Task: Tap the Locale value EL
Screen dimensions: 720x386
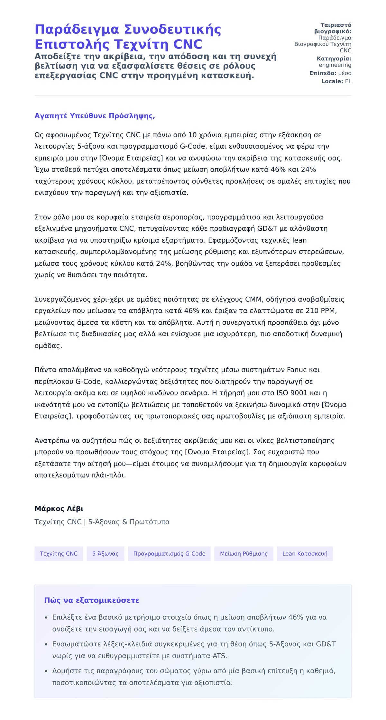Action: click(348, 81)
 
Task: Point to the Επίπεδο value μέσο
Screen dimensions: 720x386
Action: click(345, 73)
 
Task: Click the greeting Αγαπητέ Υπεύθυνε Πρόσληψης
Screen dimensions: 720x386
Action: click(95, 116)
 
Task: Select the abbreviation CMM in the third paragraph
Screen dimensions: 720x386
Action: click(254, 299)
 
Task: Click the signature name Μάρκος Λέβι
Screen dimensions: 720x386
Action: click(59, 509)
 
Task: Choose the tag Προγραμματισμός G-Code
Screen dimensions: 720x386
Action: click(169, 554)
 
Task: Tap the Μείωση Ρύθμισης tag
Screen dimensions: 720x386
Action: click(244, 554)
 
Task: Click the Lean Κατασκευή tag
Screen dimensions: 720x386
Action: click(305, 554)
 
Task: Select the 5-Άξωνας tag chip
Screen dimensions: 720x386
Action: click(105, 554)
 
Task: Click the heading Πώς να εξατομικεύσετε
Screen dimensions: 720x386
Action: click(92, 600)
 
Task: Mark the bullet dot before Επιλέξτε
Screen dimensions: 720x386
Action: click(47, 618)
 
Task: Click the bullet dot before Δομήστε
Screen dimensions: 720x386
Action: click(47, 671)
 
